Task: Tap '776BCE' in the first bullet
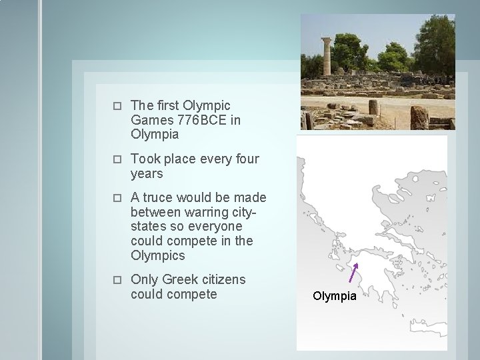pos(199,120)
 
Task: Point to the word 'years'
pos(147,174)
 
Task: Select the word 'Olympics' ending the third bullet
pos(158,255)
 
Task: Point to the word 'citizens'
pos(222,279)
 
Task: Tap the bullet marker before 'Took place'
pos(116,159)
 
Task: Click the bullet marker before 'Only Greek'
pos(116,280)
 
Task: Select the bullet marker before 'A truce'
pos(116,198)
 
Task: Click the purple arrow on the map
pos(354,273)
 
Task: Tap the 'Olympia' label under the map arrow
pos(335,296)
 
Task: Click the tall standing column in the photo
pos(326,57)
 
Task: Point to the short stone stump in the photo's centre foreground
pos(373,107)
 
